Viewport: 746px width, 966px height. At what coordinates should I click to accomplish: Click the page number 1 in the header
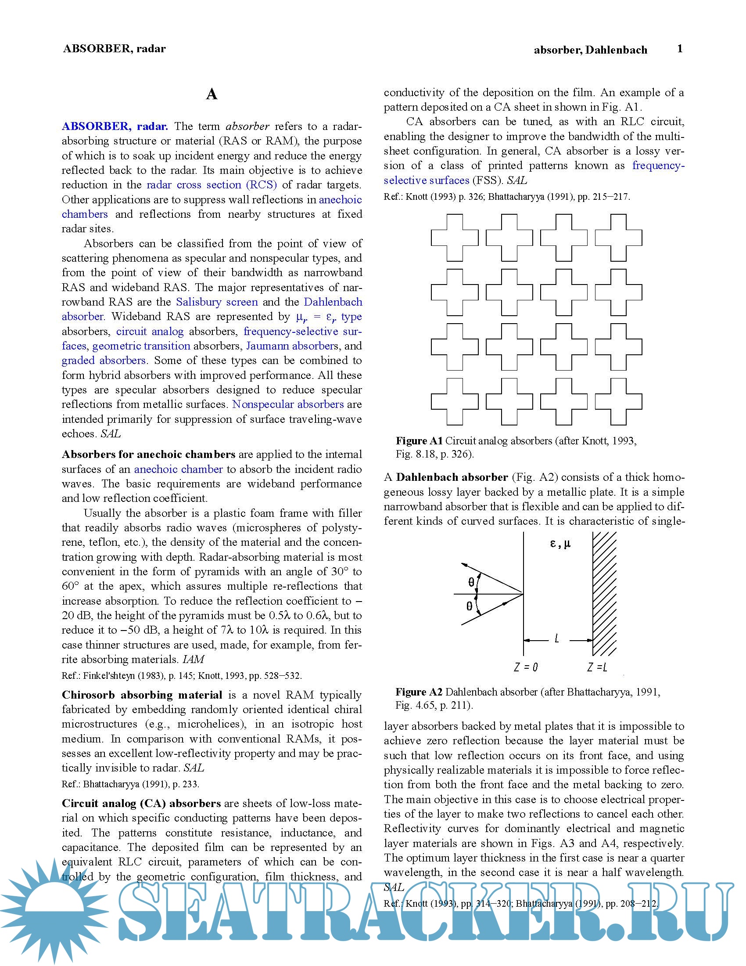[x=680, y=49]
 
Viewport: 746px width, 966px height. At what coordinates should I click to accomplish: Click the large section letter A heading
[x=212, y=94]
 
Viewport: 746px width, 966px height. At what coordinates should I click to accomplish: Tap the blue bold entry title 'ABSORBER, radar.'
[x=115, y=126]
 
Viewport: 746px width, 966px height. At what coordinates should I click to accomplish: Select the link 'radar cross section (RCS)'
[x=212, y=185]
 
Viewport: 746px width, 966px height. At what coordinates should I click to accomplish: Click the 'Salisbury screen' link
[x=217, y=302]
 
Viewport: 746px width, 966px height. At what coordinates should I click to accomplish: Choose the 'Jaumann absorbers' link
[x=292, y=346]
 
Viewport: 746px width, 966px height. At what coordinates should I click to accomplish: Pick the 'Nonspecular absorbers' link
[x=288, y=404]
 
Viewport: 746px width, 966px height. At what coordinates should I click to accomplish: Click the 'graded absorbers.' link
[x=104, y=360]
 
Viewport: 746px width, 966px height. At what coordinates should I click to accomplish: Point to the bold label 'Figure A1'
[x=419, y=441]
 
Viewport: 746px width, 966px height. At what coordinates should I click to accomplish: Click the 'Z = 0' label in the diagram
[x=526, y=667]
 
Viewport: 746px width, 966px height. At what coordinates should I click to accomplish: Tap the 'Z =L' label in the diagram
[x=598, y=667]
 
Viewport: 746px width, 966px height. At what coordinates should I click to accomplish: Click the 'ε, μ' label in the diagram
[x=560, y=544]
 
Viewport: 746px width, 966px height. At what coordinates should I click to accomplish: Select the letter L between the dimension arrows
[x=556, y=638]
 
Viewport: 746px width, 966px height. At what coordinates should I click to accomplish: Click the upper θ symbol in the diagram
[x=471, y=582]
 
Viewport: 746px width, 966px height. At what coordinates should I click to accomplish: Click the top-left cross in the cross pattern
[x=454, y=238]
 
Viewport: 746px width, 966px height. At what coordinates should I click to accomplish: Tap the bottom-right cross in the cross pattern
[x=618, y=402]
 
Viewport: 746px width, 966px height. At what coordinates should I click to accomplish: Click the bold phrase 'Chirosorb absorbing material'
[x=142, y=695]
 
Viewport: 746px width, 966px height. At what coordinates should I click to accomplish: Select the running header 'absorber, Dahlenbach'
[x=590, y=50]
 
